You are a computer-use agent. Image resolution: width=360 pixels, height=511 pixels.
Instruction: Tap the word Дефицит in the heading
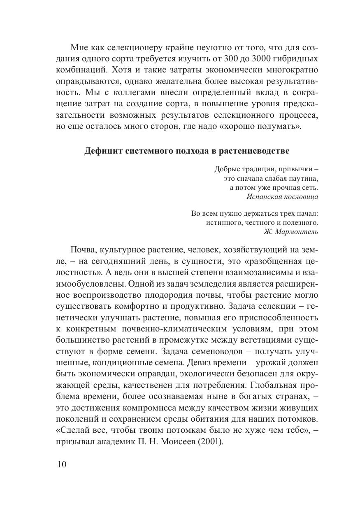(x=100, y=151)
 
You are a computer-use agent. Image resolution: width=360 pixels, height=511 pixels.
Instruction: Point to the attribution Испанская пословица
(x=282, y=196)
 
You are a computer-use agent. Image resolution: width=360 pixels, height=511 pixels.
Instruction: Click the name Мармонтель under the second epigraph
(x=296, y=231)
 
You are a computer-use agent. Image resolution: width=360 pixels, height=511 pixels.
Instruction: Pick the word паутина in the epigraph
(x=303, y=178)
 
